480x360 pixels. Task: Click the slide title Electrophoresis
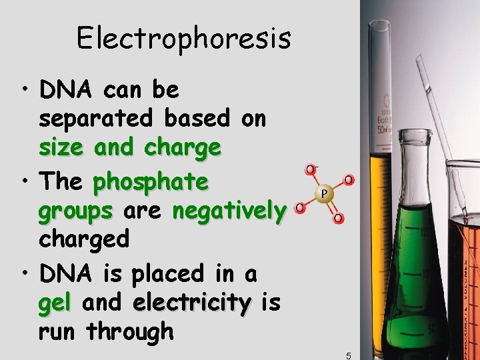[184, 38]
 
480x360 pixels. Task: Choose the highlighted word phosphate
[151, 181]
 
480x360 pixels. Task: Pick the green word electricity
[191, 303]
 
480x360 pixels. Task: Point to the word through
[130, 331]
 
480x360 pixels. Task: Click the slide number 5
[348, 355]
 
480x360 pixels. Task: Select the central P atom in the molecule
[323, 193]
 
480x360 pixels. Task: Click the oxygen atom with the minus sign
[311, 170]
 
